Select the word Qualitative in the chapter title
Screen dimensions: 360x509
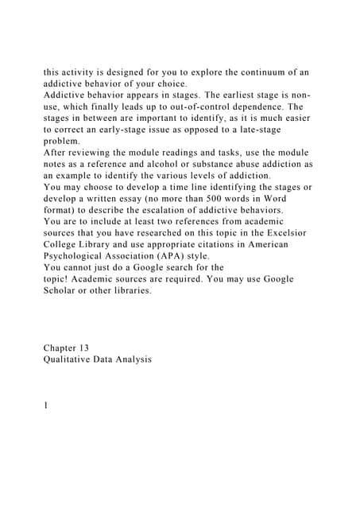pyautogui.click(x=74, y=359)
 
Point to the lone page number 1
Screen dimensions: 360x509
pyautogui.click(x=46, y=406)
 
